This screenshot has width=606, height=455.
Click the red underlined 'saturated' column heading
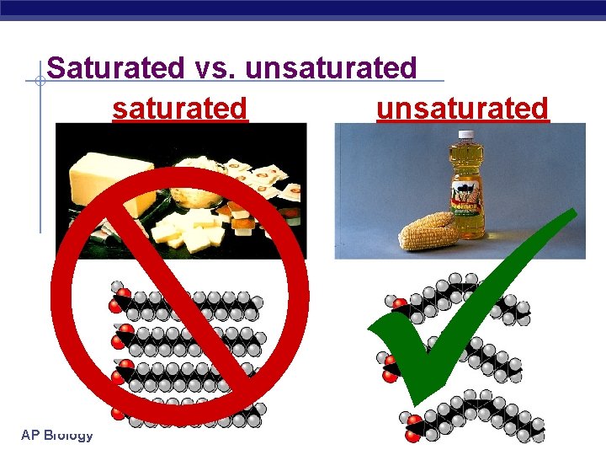coord(180,109)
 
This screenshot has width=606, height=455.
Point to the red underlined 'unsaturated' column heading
coord(462,109)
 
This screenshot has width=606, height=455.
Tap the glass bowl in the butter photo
coord(196,195)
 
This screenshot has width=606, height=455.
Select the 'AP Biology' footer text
coord(57,435)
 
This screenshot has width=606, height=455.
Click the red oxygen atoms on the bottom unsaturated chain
coord(413,426)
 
